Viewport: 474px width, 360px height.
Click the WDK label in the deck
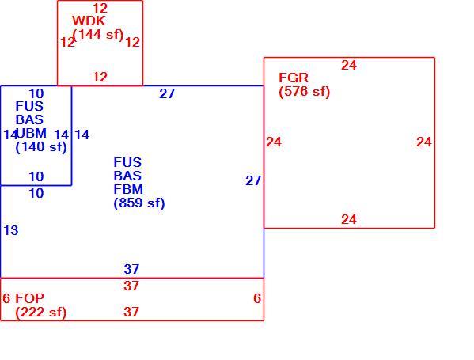pyautogui.click(x=89, y=21)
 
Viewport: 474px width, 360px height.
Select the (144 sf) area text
pyautogui.click(x=98, y=35)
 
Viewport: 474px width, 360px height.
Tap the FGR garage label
pyautogui.click(x=294, y=78)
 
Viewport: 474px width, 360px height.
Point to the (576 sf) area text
pyautogui.click(x=304, y=91)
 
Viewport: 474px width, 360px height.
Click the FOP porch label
pyautogui.click(x=29, y=298)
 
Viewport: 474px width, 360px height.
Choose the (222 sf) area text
pyautogui.click(x=41, y=312)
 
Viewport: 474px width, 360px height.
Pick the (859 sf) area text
pyautogui.click(x=139, y=203)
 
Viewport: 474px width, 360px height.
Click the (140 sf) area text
pyautogui.click(x=41, y=147)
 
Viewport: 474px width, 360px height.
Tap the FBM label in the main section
pyautogui.click(x=128, y=189)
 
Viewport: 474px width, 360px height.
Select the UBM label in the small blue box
pyautogui.click(x=32, y=133)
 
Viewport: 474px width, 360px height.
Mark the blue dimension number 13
pyautogui.click(x=11, y=230)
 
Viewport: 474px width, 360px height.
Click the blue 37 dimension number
pyautogui.click(x=131, y=269)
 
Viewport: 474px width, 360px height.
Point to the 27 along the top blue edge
pyautogui.click(x=167, y=93)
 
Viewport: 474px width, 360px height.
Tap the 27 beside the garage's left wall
pyautogui.click(x=253, y=180)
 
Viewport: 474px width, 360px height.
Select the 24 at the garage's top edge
pyautogui.click(x=349, y=66)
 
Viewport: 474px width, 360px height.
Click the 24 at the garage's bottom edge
pyautogui.click(x=349, y=219)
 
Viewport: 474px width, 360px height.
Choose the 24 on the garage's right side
pyautogui.click(x=424, y=142)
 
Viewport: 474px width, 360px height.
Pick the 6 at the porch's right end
pyautogui.click(x=257, y=298)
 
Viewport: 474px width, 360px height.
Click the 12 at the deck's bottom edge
pyautogui.click(x=100, y=77)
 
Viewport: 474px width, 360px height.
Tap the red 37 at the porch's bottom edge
pyautogui.click(x=131, y=312)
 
